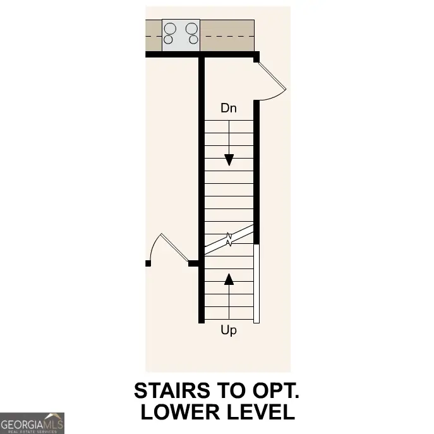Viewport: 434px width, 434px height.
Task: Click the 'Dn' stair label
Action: click(x=228, y=108)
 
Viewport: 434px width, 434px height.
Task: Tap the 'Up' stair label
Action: click(x=229, y=330)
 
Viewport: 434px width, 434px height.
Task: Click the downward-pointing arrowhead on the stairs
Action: click(x=229, y=160)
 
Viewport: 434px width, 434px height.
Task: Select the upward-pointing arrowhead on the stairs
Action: click(x=229, y=278)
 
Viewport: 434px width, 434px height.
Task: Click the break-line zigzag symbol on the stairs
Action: click(x=229, y=239)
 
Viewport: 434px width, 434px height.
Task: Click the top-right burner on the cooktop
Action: click(x=191, y=28)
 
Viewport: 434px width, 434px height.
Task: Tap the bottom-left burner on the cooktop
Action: click(x=169, y=40)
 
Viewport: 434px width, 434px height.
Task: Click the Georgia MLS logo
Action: click(x=32, y=423)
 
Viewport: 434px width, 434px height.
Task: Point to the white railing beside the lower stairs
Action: click(x=256, y=283)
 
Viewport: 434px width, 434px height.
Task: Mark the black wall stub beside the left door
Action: click(x=195, y=263)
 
